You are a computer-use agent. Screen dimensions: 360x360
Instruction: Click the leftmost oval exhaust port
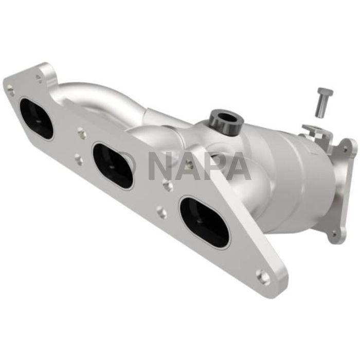pos(36,118)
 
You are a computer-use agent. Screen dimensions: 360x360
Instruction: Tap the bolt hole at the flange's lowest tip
pos(263,277)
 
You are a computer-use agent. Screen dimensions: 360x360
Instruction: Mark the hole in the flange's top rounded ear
pos(39,78)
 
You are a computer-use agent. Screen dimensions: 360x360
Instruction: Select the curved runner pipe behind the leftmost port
pos(98,98)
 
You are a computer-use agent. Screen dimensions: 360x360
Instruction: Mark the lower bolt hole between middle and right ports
pos(161,212)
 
